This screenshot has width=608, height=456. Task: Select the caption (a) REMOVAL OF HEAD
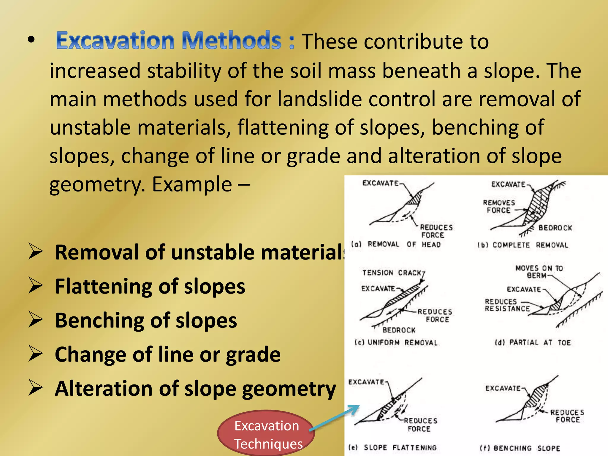[x=395, y=244]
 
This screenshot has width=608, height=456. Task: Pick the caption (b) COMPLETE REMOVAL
[x=522, y=245]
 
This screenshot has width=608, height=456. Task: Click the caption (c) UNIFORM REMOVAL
[x=396, y=343]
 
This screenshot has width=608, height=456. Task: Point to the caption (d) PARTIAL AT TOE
[x=533, y=343]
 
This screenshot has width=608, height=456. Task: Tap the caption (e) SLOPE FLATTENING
[x=392, y=447]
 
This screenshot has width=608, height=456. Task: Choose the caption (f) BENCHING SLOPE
[x=520, y=448]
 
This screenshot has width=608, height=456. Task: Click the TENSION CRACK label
[x=392, y=273]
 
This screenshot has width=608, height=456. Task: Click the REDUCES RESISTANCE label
[x=507, y=305]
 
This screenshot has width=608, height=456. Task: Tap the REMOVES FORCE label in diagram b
[x=499, y=206]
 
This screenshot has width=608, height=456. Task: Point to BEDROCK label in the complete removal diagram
[x=555, y=228]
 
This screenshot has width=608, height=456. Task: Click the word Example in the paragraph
[x=192, y=184]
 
